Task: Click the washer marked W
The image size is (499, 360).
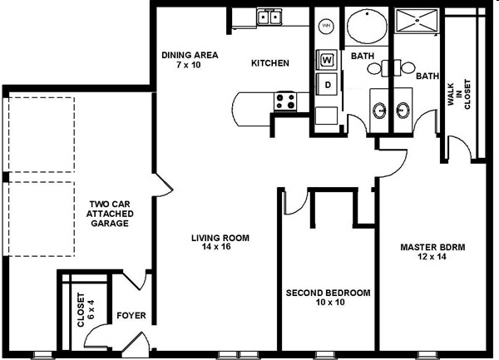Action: point(327,60)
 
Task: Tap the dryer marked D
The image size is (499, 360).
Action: point(327,85)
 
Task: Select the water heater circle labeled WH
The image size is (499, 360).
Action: point(326,26)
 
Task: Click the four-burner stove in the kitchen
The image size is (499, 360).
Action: point(285,101)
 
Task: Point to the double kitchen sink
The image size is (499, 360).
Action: point(269,17)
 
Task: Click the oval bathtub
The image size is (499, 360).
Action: point(367,26)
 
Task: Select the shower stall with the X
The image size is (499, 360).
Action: point(417,21)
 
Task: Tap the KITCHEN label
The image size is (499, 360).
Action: point(270,63)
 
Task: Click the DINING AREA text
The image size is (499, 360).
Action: point(190,55)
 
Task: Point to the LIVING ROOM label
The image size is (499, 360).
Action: point(220,238)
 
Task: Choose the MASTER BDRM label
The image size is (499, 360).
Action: point(432,247)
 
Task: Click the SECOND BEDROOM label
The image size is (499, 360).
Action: point(329,293)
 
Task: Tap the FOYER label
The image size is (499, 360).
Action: point(131,315)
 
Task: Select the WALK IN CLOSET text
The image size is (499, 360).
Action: point(459,95)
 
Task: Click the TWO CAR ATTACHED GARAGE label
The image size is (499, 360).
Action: point(110,214)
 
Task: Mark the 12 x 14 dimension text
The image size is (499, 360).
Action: point(432,256)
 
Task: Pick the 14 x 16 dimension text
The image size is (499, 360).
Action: point(216,246)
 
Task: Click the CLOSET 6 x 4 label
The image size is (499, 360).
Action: point(86,310)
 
